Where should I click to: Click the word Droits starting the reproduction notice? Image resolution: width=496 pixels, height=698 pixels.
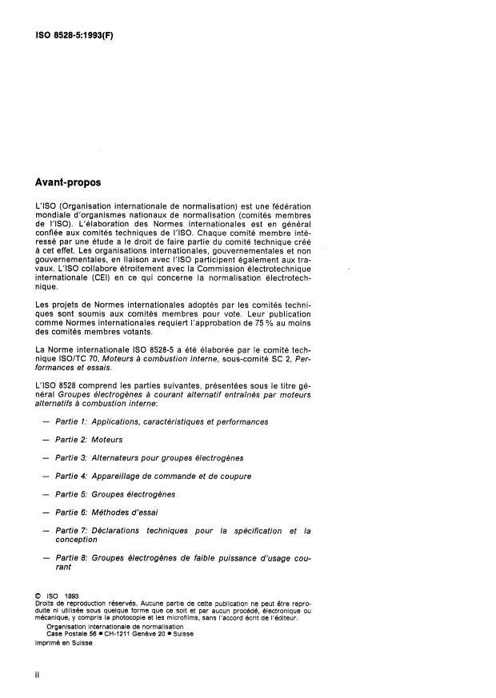point(46,603)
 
